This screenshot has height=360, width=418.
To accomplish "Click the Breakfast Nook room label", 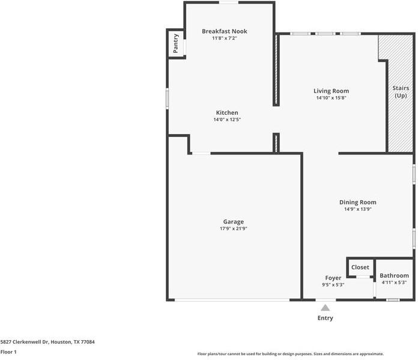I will (224, 31).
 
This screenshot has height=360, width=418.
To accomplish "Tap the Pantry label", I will (176, 43).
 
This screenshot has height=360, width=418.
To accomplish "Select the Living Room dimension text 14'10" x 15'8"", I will (331, 98).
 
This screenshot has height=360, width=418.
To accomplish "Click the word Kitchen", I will (227, 112).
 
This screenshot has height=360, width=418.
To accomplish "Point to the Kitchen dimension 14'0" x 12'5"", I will (227, 120).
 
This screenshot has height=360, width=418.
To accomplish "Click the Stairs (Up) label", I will (400, 91).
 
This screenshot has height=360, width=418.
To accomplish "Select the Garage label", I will (234, 222).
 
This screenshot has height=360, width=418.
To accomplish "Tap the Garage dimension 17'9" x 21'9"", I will (234, 228).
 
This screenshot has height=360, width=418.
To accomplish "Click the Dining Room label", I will (358, 203).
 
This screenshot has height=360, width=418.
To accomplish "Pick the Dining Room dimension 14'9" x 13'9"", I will (358, 210).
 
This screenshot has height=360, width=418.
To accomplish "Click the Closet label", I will (360, 267).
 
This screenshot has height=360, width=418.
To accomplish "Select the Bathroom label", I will (394, 275).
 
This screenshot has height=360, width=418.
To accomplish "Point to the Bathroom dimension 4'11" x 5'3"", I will (394, 282).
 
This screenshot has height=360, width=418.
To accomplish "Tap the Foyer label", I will (333, 278).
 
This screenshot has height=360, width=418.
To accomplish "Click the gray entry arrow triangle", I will (325, 307).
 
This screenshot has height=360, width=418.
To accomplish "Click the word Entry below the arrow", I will (325, 318).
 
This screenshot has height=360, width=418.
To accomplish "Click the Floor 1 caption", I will (8, 352).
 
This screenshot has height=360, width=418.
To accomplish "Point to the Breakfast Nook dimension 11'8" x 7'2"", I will (224, 38).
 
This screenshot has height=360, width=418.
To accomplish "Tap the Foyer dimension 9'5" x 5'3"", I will (333, 285).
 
